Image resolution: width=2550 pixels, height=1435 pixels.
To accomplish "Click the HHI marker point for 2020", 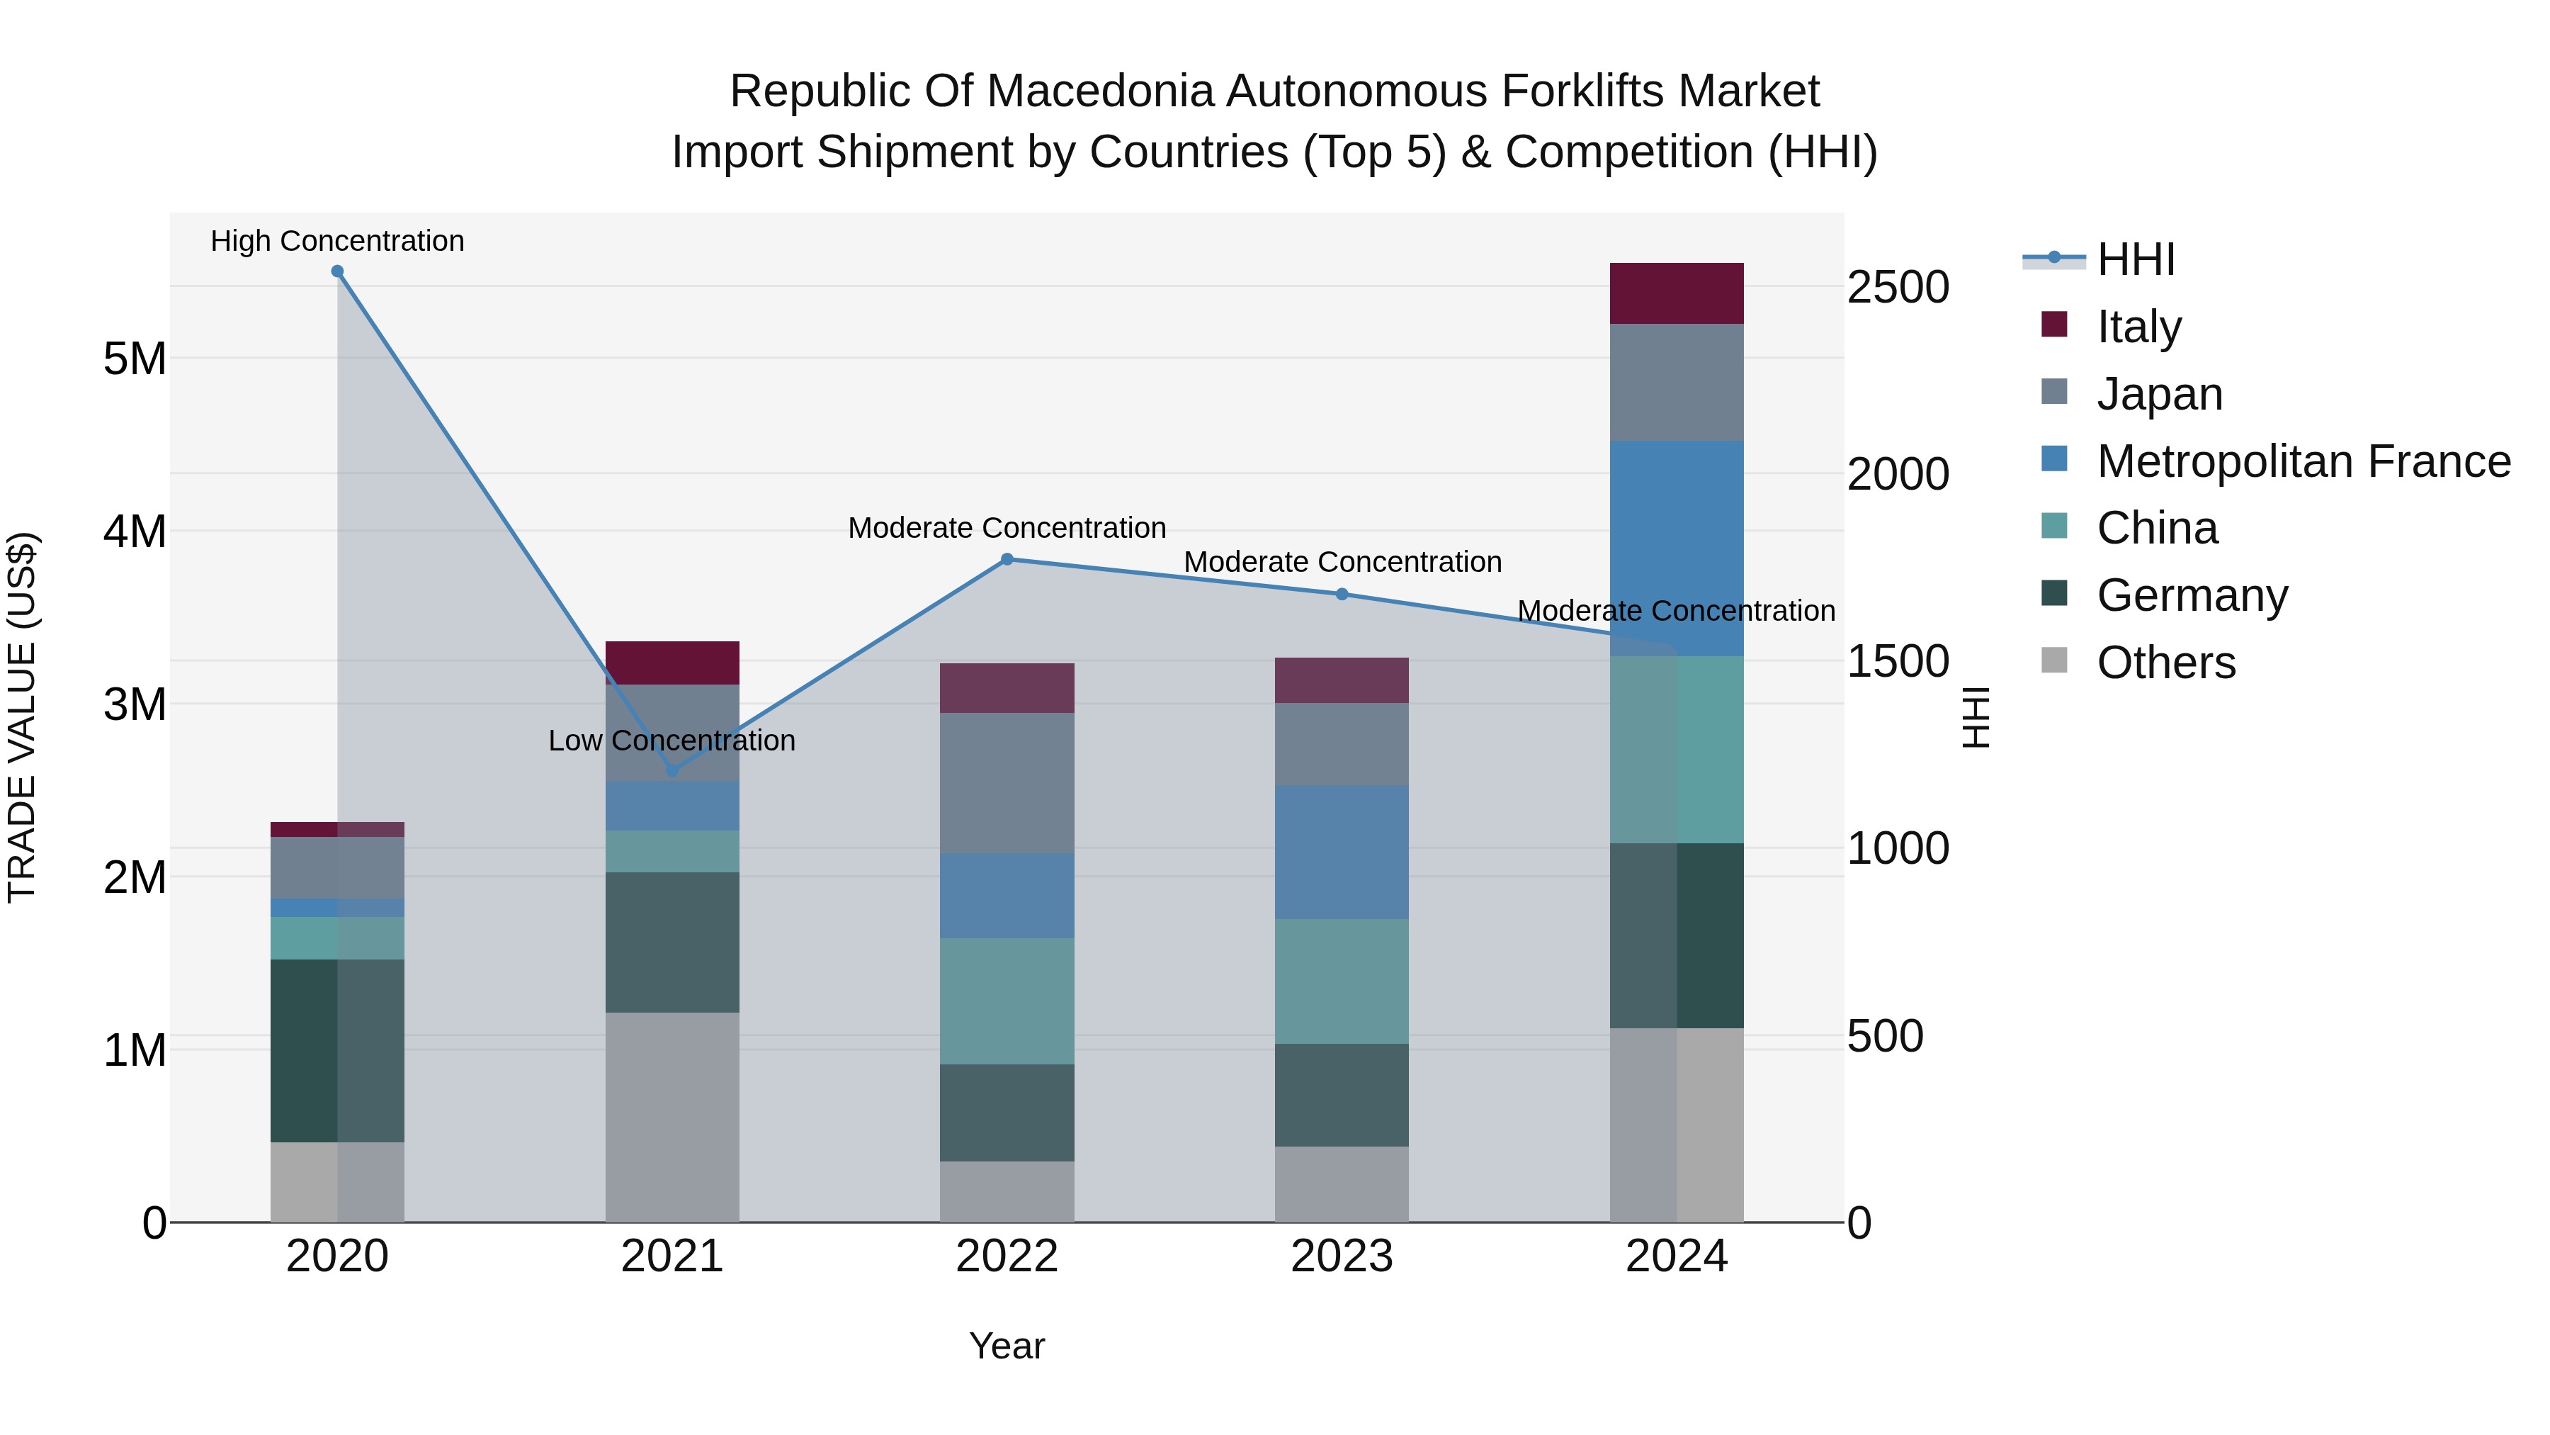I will click(338, 271).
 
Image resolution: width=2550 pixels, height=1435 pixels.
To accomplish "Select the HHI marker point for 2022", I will click(1007, 560).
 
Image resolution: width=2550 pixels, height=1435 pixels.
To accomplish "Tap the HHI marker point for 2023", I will click(1342, 595).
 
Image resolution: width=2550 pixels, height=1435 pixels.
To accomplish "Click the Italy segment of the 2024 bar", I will click(1676, 294).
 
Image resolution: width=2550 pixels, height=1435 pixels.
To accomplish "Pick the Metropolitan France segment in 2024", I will click(1676, 548).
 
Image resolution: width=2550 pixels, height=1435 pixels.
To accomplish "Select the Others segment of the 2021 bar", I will click(672, 1116).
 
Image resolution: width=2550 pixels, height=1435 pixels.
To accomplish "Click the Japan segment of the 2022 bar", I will click(1007, 782).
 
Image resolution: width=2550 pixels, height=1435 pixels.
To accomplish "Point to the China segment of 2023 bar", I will click(1342, 981).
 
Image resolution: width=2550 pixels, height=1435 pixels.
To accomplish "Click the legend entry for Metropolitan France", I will click(2303, 461).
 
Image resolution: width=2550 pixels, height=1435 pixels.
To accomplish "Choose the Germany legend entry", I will click(2192, 595).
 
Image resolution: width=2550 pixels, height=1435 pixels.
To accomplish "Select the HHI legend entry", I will click(2135, 259).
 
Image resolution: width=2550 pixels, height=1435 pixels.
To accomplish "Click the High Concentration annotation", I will click(338, 242).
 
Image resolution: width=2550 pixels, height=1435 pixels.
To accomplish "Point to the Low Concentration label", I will click(672, 741).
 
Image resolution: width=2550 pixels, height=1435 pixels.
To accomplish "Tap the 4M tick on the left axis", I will click(135, 531).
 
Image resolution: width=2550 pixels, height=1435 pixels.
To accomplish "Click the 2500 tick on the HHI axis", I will click(1898, 288).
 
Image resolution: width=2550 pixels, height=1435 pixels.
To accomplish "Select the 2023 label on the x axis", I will click(1342, 1256).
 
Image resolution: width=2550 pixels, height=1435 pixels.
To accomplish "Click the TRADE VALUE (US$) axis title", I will click(23, 717).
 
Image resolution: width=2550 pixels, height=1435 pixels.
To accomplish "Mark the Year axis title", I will click(1007, 1346).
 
